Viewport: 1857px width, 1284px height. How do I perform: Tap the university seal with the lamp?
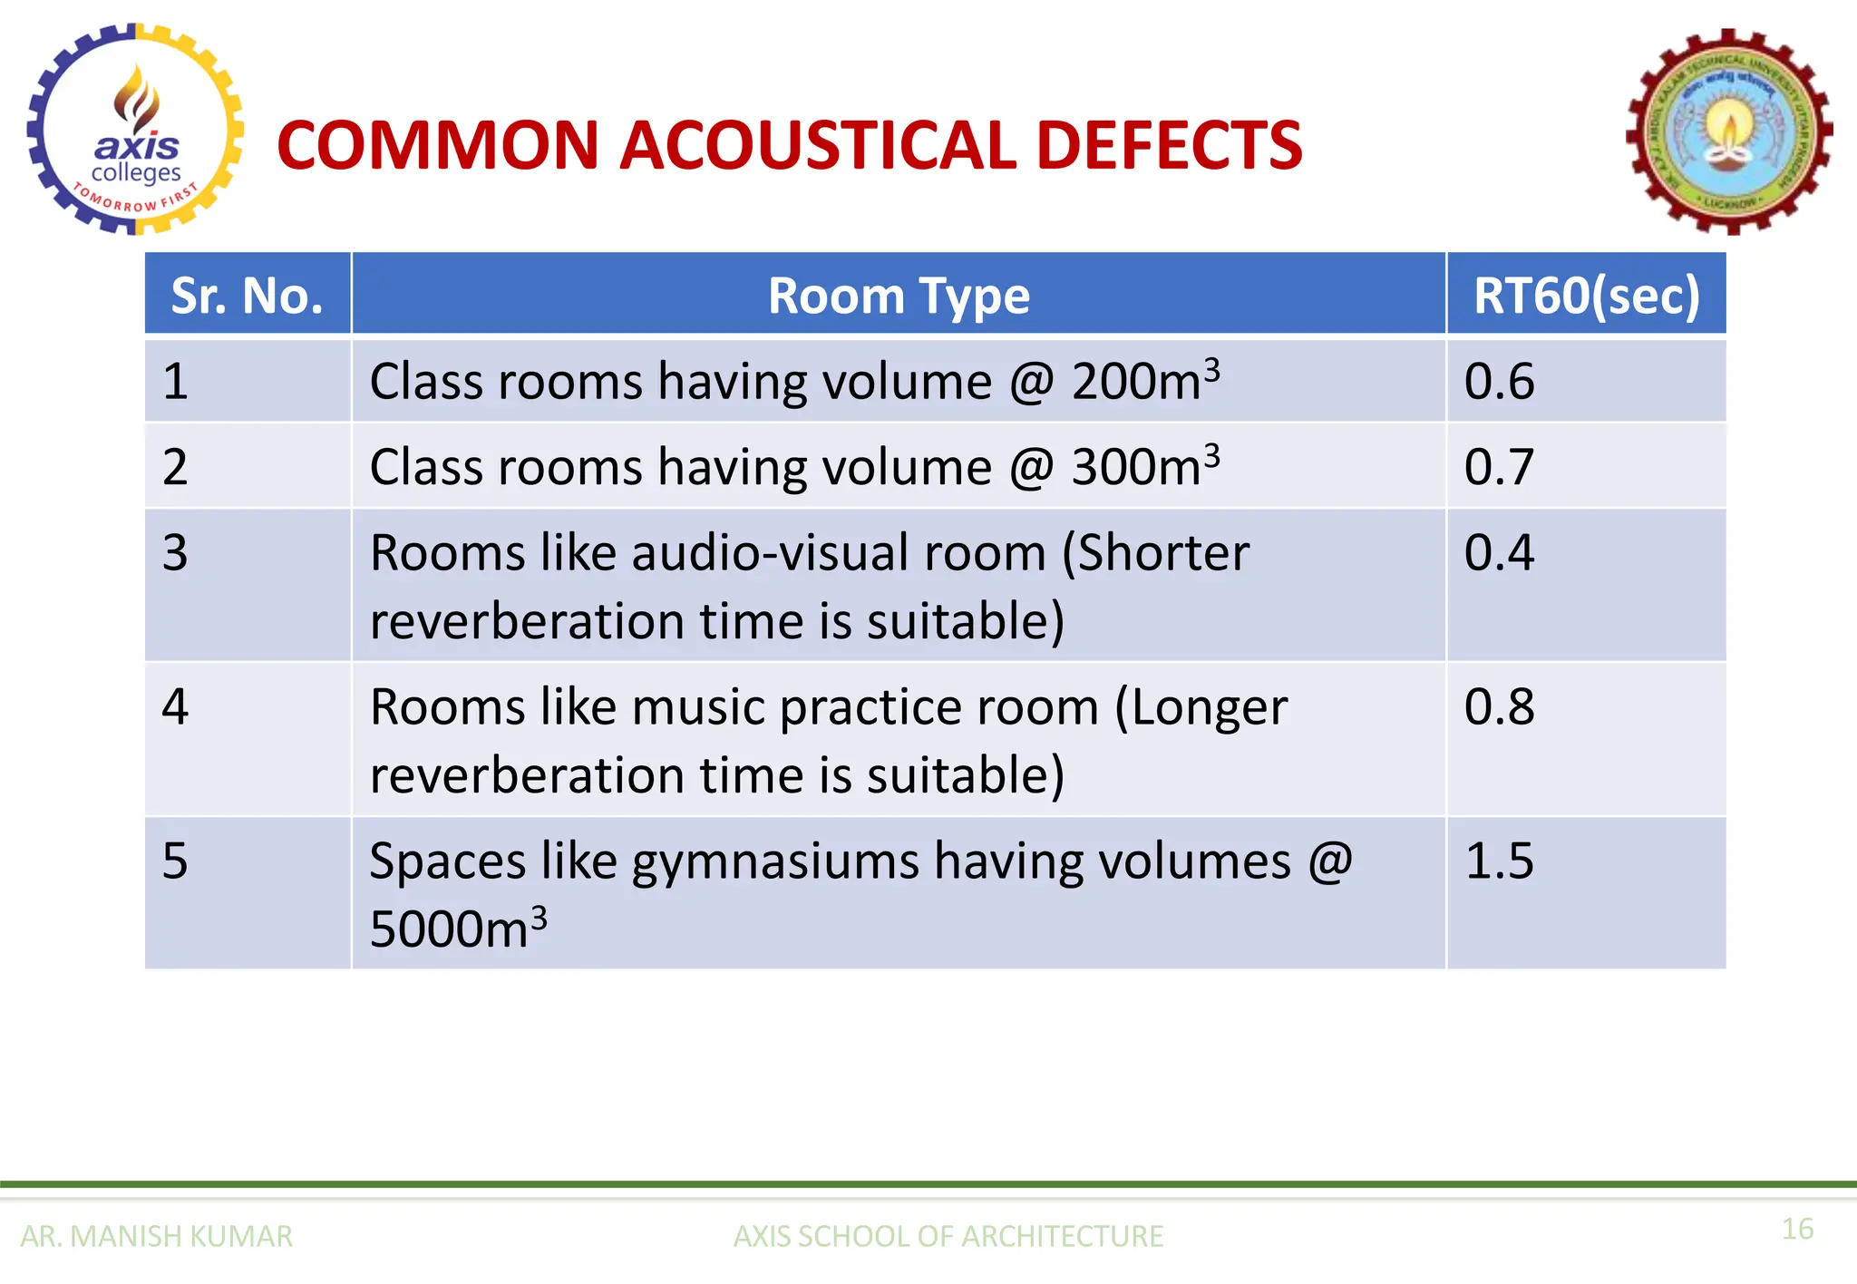click(1729, 132)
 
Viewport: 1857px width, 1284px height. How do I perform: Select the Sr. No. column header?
click(247, 296)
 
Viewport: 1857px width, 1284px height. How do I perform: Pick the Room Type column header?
click(899, 296)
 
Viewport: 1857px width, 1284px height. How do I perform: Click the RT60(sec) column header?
click(1586, 296)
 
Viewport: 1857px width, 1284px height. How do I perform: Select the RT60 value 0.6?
click(1499, 381)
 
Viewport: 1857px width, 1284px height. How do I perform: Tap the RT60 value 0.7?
click(1499, 467)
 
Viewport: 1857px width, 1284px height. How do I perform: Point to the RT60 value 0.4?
click(1499, 552)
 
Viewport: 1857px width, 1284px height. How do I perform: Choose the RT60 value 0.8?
click(1499, 706)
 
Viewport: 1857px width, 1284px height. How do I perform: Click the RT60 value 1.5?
click(1499, 861)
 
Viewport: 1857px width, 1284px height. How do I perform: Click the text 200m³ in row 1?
click(1145, 380)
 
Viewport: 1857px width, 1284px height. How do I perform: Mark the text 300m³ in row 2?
click(1145, 466)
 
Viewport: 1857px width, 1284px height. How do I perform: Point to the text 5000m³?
click(458, 929)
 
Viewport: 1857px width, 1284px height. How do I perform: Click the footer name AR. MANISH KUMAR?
click(156, 1236)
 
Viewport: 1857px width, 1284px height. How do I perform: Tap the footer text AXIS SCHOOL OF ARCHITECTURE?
click(948, 1236)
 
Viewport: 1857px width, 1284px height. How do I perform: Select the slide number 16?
click(1797, 1229)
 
